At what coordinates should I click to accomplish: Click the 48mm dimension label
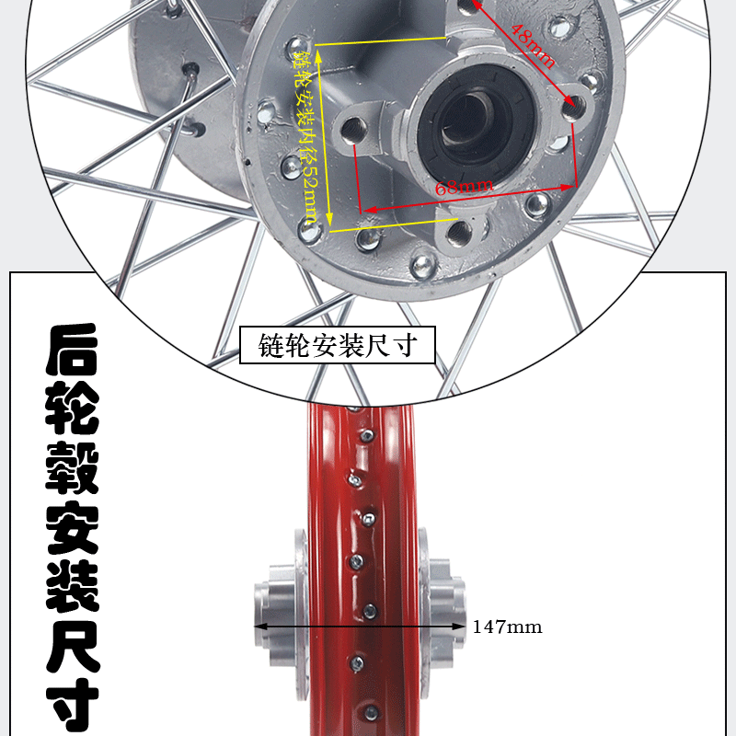point(533,45)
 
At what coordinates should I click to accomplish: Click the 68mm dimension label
point(465,186)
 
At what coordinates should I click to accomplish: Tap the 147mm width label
point(507,627)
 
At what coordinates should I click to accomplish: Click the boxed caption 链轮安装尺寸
point(338,345)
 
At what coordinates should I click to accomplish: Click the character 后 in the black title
point(72,350)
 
